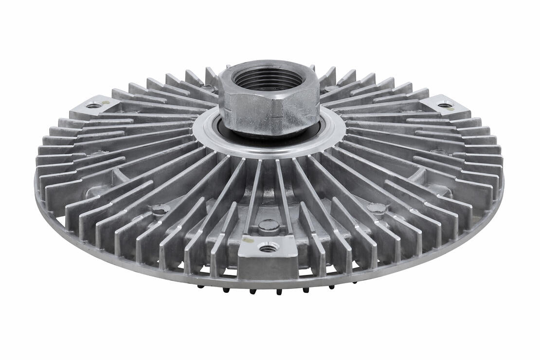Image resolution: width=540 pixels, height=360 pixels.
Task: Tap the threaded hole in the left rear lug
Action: (93, 105)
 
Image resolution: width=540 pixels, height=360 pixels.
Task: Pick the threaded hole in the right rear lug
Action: (444, 105)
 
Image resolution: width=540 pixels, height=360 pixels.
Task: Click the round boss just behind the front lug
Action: (269, 226)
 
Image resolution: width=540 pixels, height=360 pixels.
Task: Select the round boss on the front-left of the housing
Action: (160, 210)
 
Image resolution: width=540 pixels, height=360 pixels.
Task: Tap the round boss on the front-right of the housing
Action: (377, 208)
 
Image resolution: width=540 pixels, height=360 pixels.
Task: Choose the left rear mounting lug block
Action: (95, 108)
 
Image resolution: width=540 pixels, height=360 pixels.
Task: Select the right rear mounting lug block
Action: (444, 107)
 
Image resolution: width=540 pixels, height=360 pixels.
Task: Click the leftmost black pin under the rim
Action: (200, 286)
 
